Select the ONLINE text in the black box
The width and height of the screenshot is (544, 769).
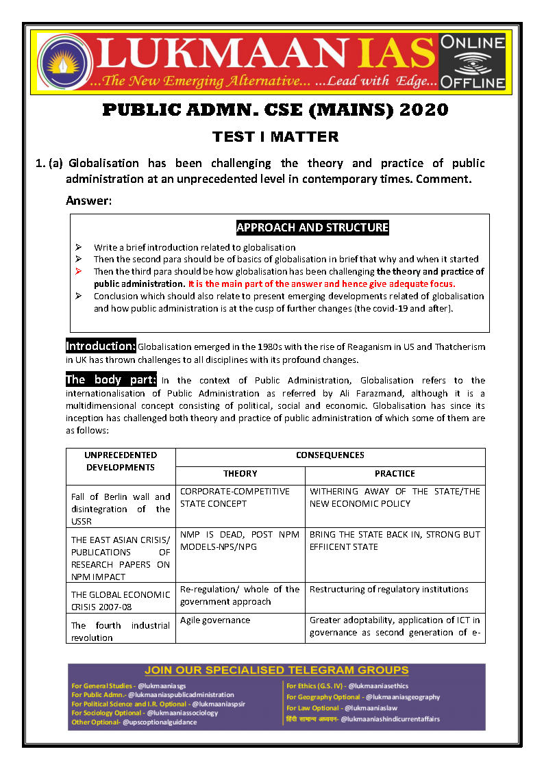472,43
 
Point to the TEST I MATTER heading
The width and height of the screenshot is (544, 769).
275,136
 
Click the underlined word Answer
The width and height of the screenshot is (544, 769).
88,201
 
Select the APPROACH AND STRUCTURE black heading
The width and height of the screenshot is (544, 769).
312,227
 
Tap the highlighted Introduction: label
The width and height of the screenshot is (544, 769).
101,346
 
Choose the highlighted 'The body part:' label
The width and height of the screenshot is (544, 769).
111,379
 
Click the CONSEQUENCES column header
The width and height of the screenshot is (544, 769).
330,455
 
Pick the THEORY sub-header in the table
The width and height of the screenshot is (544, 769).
240,474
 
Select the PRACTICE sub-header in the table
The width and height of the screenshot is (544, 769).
395,474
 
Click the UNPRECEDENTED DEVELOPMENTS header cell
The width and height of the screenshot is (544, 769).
121,461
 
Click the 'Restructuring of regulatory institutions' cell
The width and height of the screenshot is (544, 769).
389,589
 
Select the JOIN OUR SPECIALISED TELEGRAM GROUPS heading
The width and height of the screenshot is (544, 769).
277,670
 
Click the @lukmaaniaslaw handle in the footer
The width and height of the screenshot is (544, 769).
371,707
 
